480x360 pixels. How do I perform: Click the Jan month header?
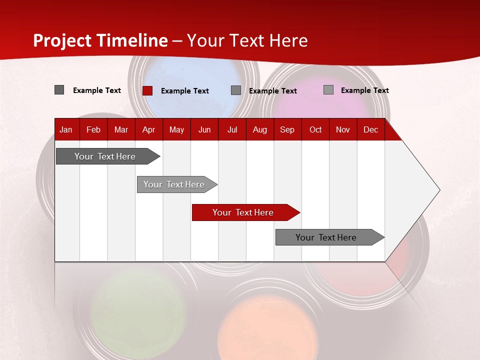[66, 130]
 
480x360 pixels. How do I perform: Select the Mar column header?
[121, 130]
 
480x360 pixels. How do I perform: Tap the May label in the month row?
[176, 130]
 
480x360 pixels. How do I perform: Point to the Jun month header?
[204, 130]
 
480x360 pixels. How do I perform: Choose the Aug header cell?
[259, 130]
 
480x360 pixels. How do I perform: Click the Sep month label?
[287, 130]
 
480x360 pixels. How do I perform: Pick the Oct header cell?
[315, 130]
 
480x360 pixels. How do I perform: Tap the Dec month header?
[370, 130]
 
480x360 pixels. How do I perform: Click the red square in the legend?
[147, 90]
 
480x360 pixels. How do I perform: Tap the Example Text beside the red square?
[185, 91]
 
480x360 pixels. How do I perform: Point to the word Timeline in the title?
[132, 40]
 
